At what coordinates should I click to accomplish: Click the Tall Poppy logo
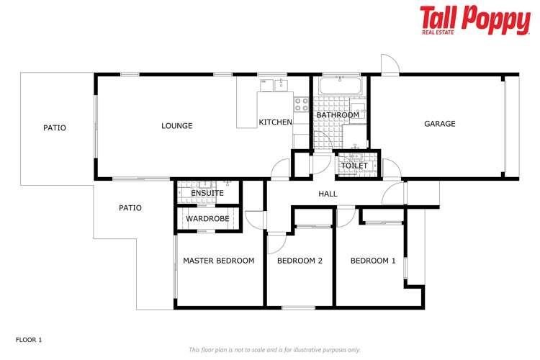click(x=474, y=19)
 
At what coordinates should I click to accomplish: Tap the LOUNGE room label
click(x=176, y=126)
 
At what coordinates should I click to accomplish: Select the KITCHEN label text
click(x=275, y=122)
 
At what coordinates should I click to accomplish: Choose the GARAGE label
click(x=439, y=124)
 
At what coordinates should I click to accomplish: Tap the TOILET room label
click(x=354, y=166)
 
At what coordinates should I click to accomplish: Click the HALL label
click(x=328, y=194)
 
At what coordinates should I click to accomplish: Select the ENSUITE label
click(x=207, y=193)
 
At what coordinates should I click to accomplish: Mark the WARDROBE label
click(x=207, y=219)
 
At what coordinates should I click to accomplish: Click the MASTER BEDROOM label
click(x=218, y=261)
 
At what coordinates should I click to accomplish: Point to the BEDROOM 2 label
click(x=300, y=261)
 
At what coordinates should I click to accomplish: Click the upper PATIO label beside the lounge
click(x=54, y=128)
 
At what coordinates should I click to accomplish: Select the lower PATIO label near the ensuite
click(x=130, y=208)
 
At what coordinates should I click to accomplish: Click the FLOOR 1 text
click(x=30, y=338)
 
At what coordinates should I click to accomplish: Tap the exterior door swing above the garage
click(x=389, y=65)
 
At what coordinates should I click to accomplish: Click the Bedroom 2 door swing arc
click(x=276, y=244)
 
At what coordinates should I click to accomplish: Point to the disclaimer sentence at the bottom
click(x=274, y=350)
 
